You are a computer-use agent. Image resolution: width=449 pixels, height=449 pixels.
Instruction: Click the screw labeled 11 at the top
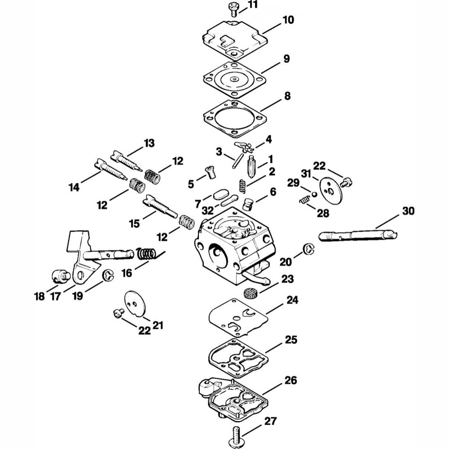point(233,9)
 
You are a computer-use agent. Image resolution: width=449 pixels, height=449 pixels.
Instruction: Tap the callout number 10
point(288,20)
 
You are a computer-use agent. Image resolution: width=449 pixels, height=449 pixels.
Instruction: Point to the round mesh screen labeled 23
point(250,293)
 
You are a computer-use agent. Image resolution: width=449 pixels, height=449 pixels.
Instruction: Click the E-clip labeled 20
point(309,249)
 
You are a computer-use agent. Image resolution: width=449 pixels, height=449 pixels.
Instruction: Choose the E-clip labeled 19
point(108,276)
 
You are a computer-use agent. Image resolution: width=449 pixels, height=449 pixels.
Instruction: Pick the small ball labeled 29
point(314,194)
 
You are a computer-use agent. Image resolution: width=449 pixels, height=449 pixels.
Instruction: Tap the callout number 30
point(408,211)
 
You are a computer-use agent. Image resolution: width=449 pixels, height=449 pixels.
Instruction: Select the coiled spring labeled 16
point(147,253)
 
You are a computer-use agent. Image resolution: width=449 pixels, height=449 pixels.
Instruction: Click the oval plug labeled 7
point(220,195)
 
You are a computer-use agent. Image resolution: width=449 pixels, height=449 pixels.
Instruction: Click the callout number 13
point(149,143)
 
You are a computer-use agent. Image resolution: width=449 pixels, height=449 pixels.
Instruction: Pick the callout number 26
point(291,380)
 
